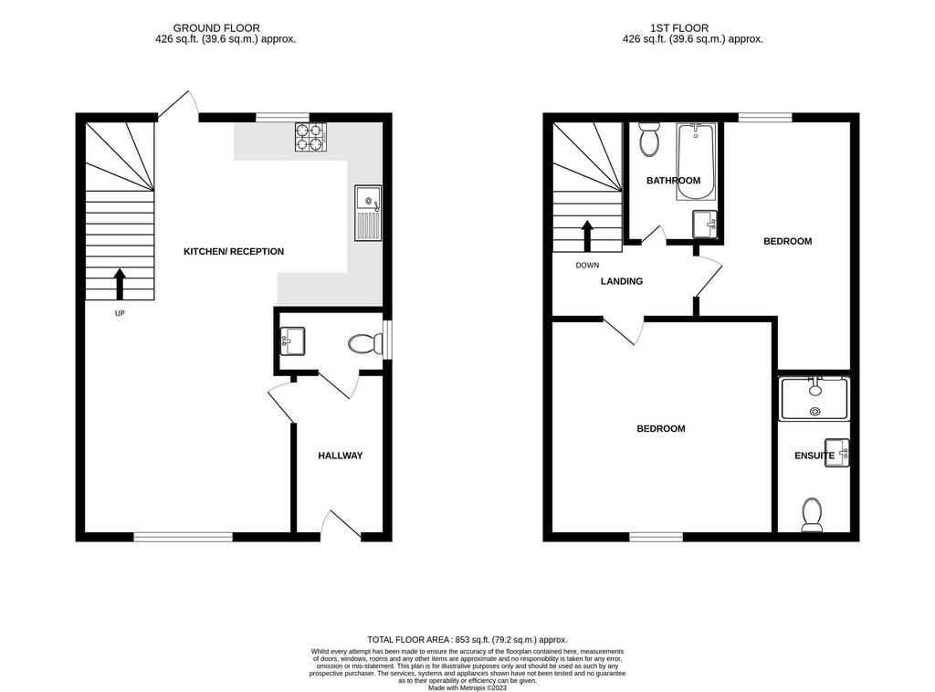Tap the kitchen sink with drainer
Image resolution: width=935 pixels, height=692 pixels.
coord(368,213)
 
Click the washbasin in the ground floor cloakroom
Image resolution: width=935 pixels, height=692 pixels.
coord(292,341)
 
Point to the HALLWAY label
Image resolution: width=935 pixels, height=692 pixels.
coord(340,456)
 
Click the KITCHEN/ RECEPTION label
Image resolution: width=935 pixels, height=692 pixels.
coord(234,252)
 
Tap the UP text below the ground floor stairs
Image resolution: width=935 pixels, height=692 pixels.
coord(120,313)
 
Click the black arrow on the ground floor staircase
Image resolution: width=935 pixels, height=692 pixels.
coord(120,284)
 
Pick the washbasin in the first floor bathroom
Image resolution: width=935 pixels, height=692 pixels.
coord(706,224)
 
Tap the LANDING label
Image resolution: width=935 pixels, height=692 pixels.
coord(621,281)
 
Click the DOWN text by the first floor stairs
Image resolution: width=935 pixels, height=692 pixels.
coord(587,266)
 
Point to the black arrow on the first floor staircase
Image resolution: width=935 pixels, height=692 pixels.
coord(587,236)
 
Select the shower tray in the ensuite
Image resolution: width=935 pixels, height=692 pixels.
coord(814,399)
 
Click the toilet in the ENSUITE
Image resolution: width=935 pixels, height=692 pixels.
coord(812,515)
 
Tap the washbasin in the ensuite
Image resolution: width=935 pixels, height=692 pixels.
coord(837,453)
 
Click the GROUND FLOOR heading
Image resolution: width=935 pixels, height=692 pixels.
coord(216,28)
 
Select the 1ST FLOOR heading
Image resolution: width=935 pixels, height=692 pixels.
coord(679,28)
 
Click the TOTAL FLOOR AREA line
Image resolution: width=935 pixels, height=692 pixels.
coord(467,640)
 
